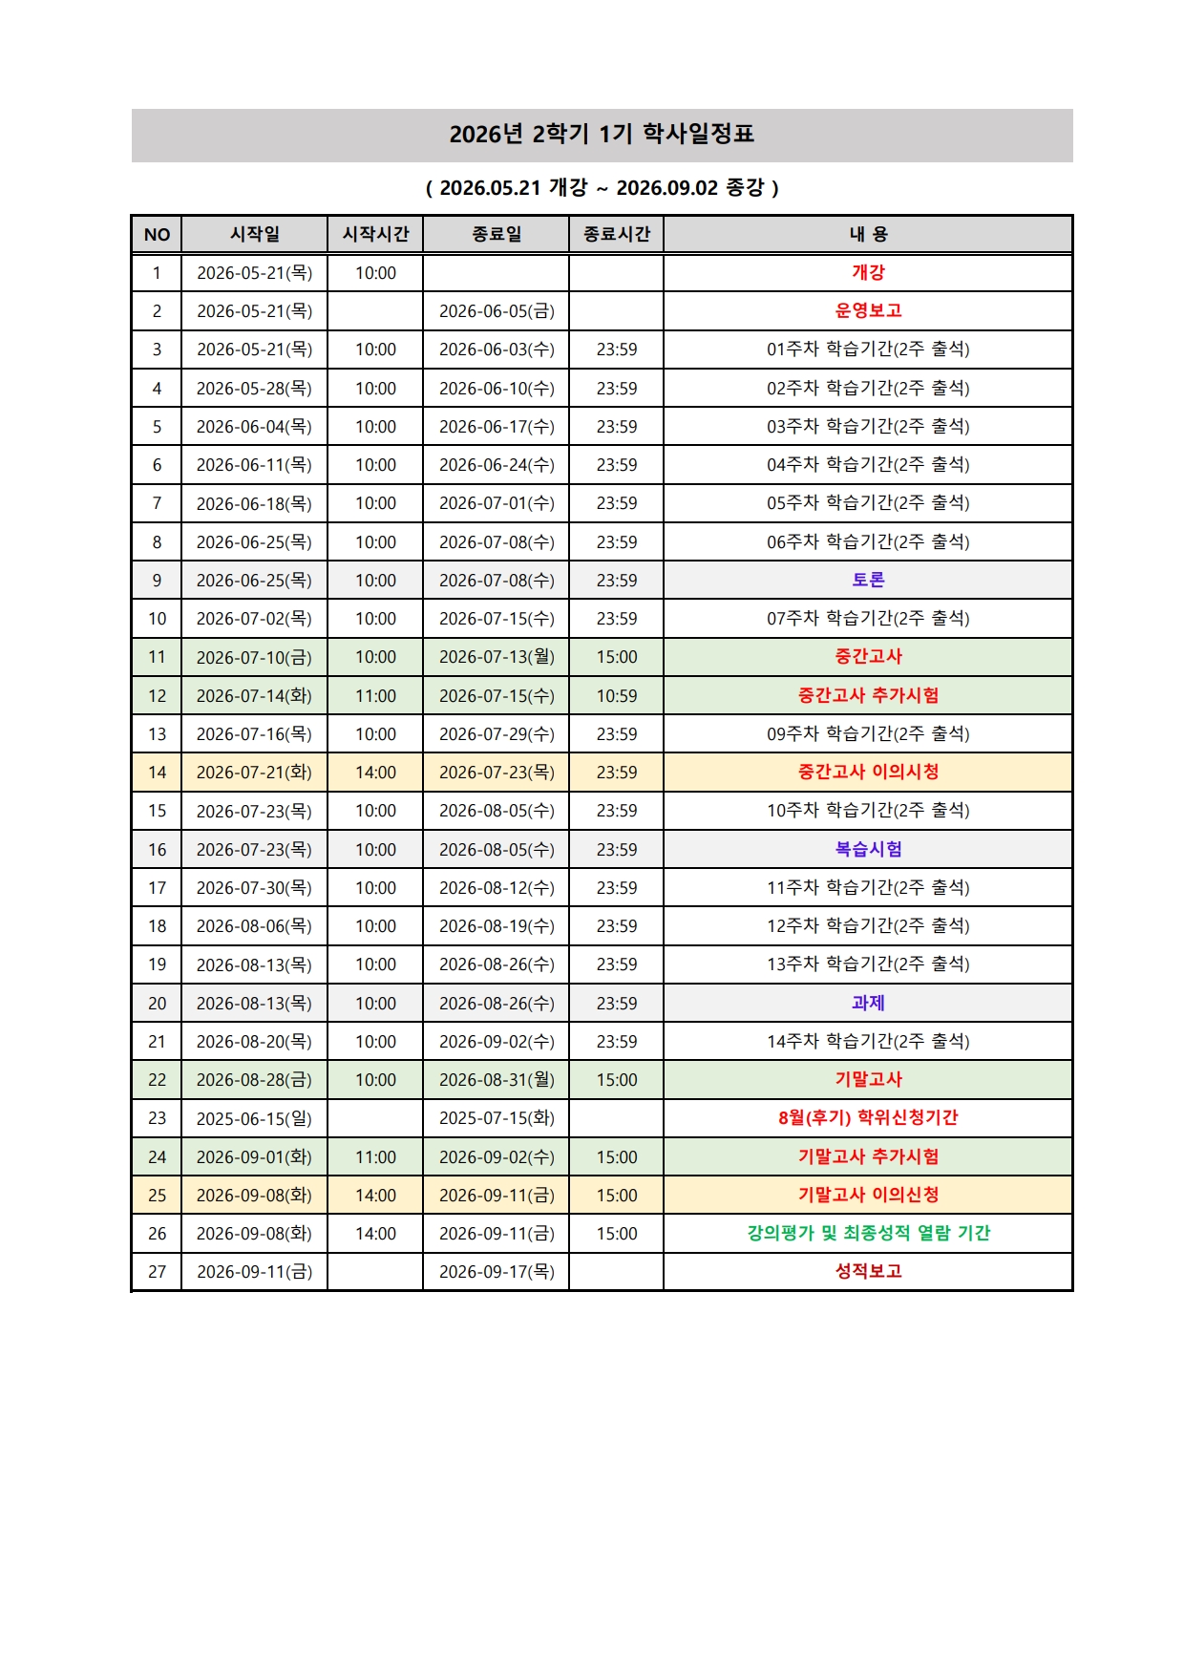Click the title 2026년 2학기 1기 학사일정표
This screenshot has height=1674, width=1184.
pos(602,134)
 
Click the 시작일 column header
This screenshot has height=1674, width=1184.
pos(255,234)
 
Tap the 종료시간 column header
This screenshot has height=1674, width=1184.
pos(616,234)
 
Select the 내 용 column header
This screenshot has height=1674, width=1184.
pos(868,234)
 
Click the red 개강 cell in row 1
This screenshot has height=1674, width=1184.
pos(868,272)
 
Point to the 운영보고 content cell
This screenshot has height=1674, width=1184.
pos(868,310)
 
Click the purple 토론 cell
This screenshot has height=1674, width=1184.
pos(868,580)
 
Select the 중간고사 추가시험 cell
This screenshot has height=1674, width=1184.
pos(868,695)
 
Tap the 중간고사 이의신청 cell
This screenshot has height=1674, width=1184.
pos(868,772)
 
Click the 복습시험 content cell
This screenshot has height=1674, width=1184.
pos(868,849)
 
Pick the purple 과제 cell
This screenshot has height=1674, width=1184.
pos(868,1003)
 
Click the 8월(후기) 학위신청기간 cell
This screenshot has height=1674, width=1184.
pos(868,1117)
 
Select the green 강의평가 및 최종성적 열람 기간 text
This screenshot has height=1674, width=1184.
pos(868,1233)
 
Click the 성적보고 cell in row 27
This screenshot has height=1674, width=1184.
pos(868,1271)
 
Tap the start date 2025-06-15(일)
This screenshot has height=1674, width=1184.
pos(254,1118)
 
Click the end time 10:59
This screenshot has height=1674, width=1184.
pos(616,696)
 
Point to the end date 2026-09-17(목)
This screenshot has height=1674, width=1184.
pos(497,1272)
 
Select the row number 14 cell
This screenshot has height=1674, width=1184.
pos(157,773)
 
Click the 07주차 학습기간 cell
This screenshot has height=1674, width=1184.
pos(868,619)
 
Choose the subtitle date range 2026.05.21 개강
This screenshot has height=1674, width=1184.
pos(514,187)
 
